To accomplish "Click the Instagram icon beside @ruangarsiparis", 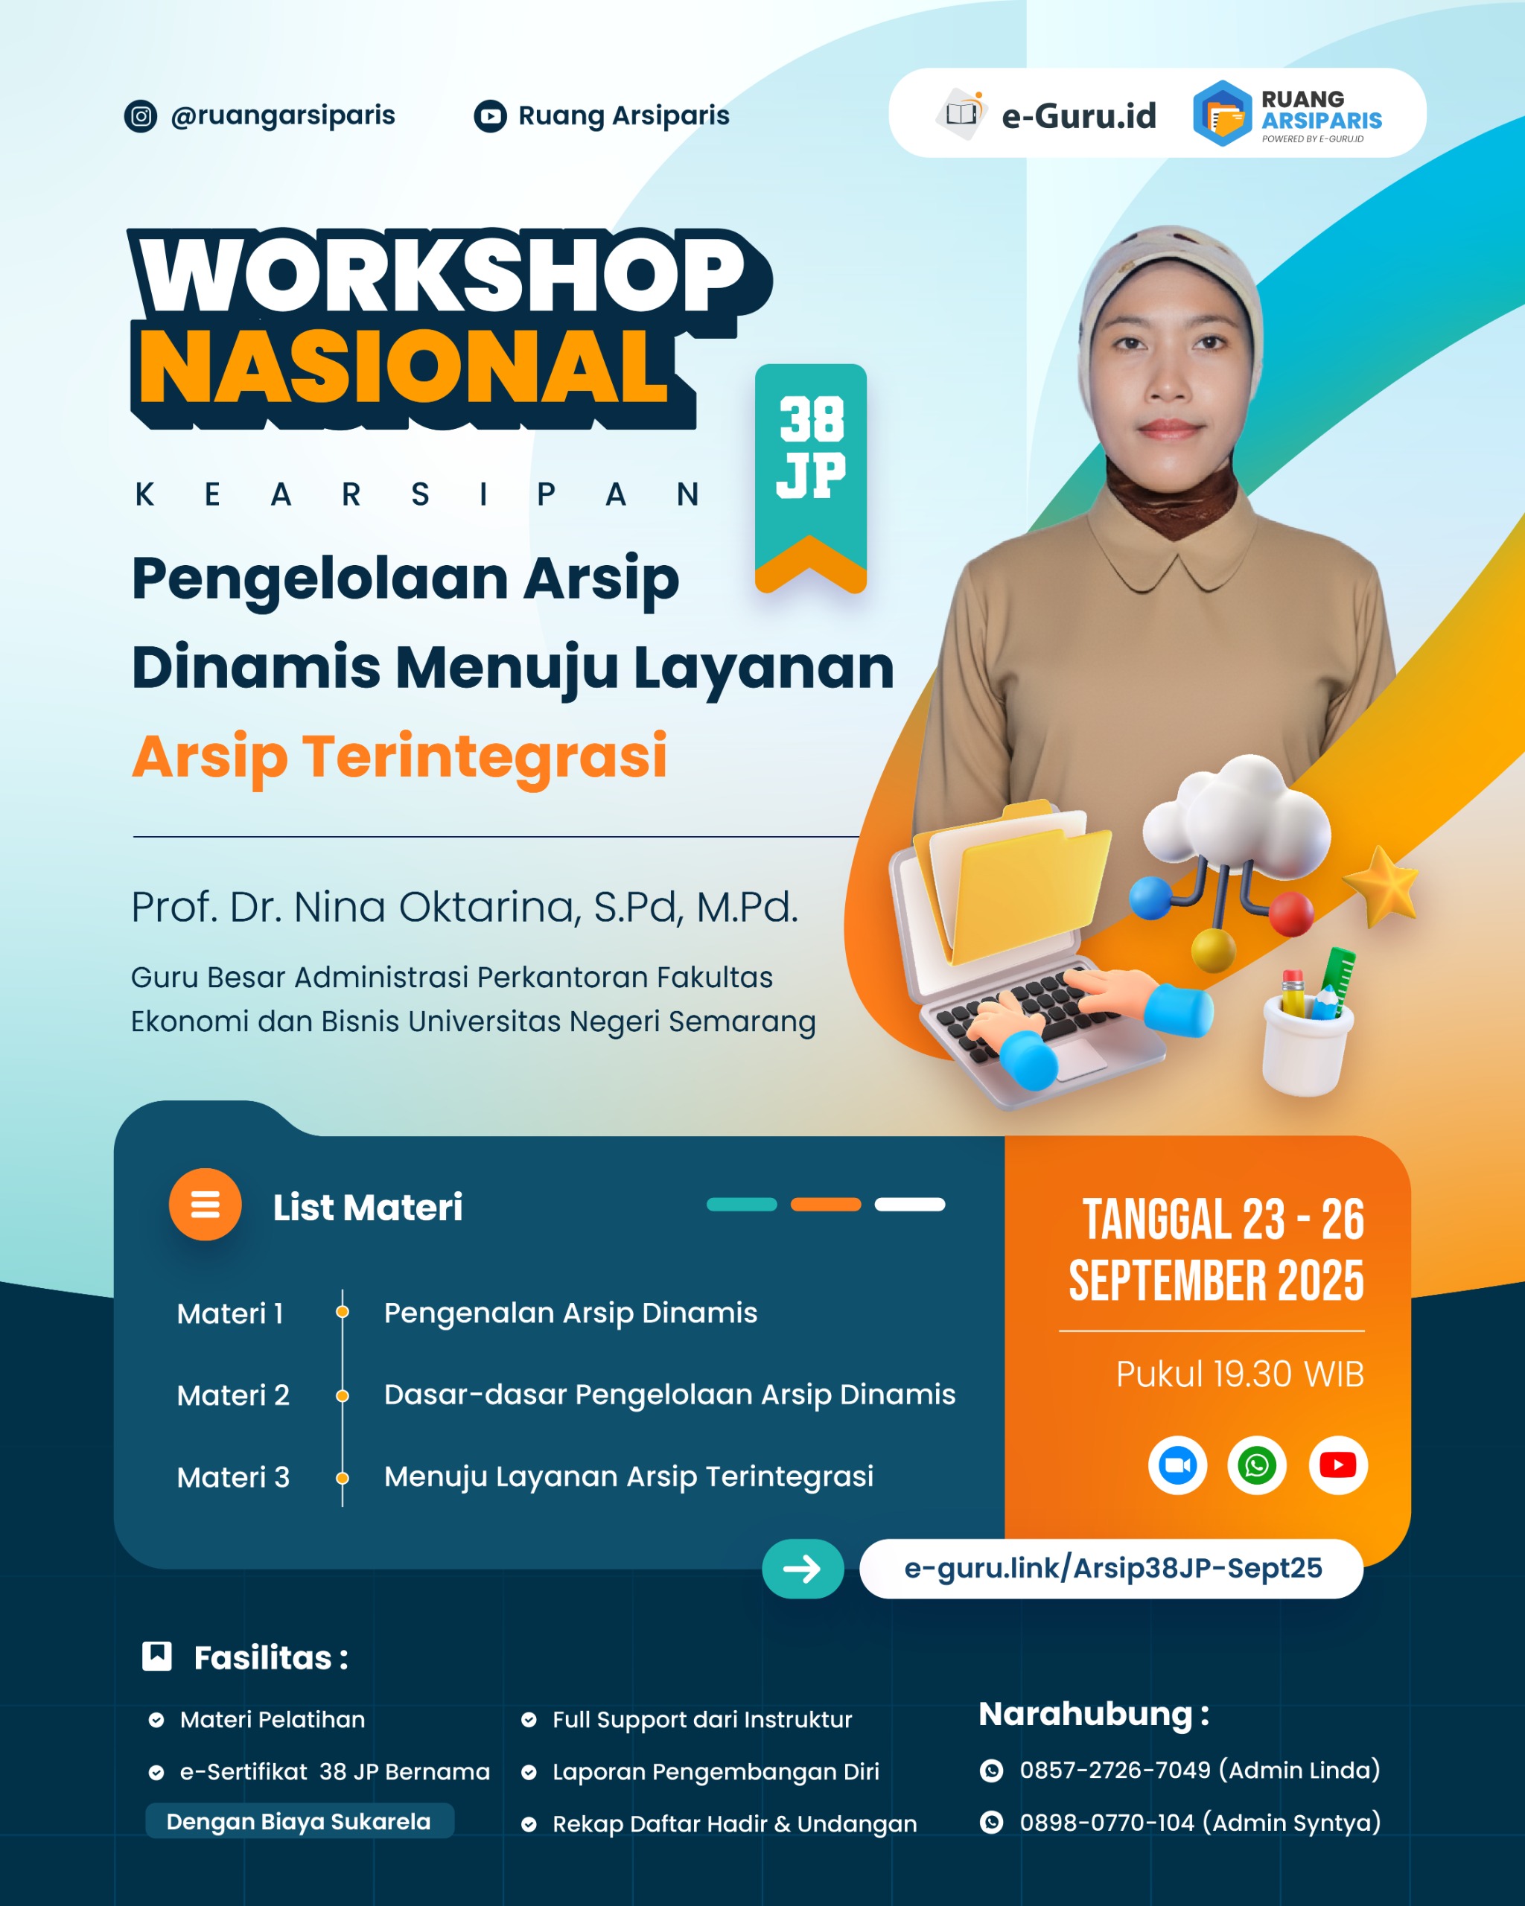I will click(141, 116).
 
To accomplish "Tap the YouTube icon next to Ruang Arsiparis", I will click(490, 116).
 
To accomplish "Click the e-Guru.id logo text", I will click(1077, 116).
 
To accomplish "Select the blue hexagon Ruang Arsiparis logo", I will click(1223, 113).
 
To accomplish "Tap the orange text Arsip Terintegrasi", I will click(400, 756).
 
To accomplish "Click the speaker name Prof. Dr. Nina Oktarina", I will click(464, 907).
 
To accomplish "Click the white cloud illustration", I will click(1238, 817).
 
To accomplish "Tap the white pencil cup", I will click(1307, 1043).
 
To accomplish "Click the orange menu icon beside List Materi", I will click(205, 1204).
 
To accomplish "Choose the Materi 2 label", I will click(233, 1395).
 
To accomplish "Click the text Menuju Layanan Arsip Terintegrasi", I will click(628, 1476).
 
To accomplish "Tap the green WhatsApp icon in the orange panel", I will click(1256, 1464).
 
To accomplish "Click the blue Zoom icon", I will click(1177, 1464).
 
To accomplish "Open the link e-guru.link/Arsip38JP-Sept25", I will click(1112, 1568).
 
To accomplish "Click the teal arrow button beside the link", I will click(803, 1568).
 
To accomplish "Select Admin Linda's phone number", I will click(1114, 1770).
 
